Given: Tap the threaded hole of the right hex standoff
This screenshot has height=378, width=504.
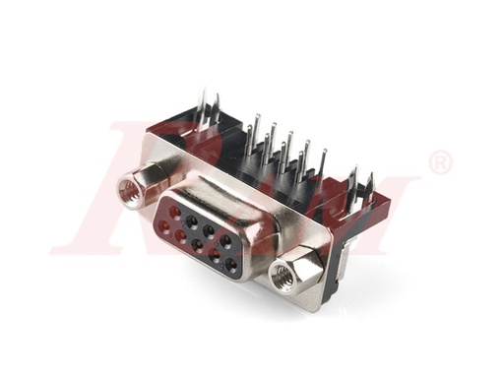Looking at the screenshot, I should point(283,278).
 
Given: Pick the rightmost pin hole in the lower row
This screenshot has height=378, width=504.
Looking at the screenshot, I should point(230,264).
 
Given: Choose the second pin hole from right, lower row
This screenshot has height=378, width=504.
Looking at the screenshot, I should point(214,255).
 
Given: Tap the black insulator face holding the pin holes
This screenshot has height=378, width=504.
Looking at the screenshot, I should point(200,236).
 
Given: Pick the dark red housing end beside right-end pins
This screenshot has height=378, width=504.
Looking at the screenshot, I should point(379,217).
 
